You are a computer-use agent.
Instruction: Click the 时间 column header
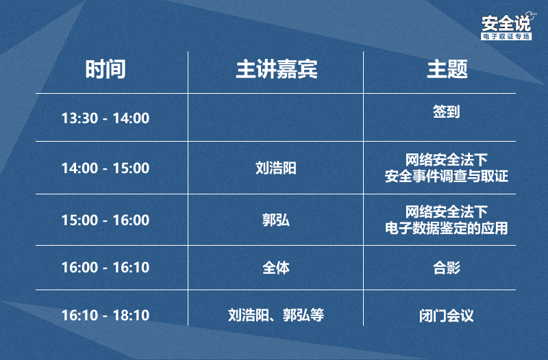pyautogui.click(x=105, y=69)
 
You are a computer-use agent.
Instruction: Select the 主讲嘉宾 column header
pyautogui.click(x=277, y=69)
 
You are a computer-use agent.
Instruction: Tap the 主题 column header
pyautogui.click(x=447, y=69)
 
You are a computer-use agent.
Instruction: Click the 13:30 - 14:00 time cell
pyautogui.click(x=105, y=118)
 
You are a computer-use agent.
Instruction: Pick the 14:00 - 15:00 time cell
pyautogui.click(x=105, y=168)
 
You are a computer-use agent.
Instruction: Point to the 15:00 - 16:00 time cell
pyautogui.click(x=105, y=220)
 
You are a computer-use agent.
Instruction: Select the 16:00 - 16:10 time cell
pyautogui.click(x=105, y=268)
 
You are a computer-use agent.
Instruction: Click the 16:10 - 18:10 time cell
pyautogui.click(x=105, y=315)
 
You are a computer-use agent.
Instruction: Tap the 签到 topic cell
pyautogui.click(x=447, y=112)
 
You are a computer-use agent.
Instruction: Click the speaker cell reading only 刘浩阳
pyautogui.click(x=276, y=168)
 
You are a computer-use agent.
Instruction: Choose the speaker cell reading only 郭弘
pyautogui.click(x=276, y=220)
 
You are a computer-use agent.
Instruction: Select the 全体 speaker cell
pyautogui.click(x=276, y=268)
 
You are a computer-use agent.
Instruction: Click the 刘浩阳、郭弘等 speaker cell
pyautogui.click(x=276, y=315)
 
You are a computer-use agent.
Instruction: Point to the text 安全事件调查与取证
pyautogui.click(x=447, y=176)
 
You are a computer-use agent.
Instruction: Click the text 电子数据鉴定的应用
pyautogui.click(x=447, y=228)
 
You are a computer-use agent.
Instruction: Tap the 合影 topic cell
pyautogui.click(x=447, y=268)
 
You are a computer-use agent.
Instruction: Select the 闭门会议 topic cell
pyautogui.click(x=447, y=316)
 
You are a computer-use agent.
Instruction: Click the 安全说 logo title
pyautogui.click(x=506, y=23)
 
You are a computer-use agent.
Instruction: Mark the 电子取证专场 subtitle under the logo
pyautogui.click(x=506, y=36)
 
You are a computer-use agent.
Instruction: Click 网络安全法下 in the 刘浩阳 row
pyautogui.click(x=447, y=160)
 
